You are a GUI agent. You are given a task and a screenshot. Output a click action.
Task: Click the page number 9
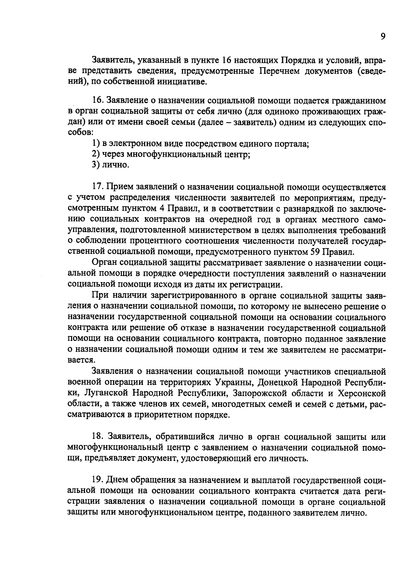(x=383, y=36)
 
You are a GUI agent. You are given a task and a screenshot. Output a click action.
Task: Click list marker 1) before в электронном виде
(x=95, y=144)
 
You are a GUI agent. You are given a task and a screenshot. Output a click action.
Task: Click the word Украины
(x=232, y=383)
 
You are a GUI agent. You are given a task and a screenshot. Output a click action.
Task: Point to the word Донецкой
(x=277, y=383)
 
